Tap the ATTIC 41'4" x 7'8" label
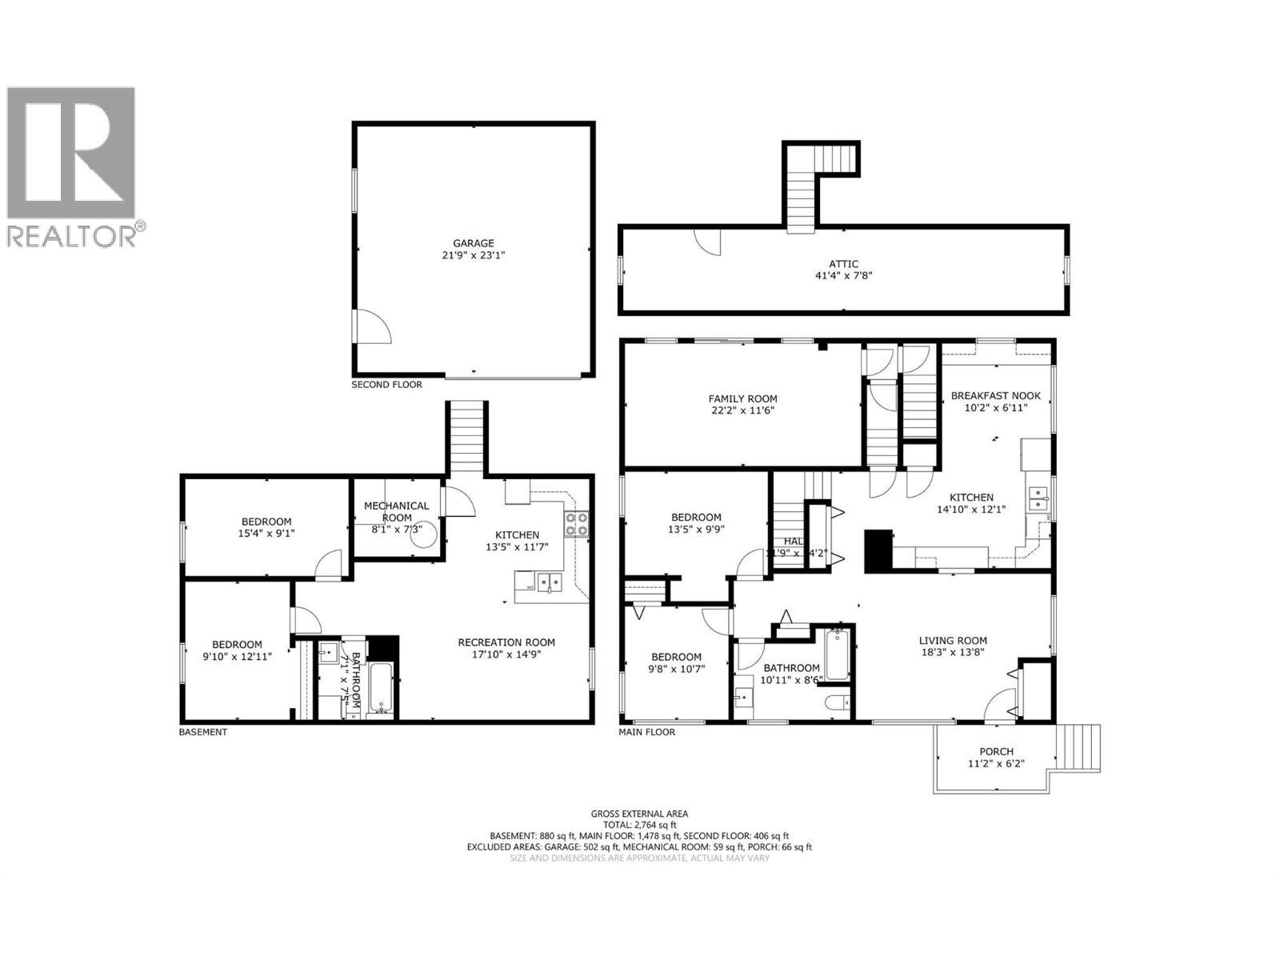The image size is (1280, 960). [x=843, y=270]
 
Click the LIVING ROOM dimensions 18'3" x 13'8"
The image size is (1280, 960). [x=952, y=652]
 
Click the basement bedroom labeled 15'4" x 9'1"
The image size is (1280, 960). [x=266, y=527]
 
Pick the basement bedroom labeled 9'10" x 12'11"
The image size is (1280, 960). [x=237, y=650]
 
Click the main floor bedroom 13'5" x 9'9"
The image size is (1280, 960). [x=696, y=523]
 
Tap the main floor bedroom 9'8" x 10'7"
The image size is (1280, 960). [x=675, y=662]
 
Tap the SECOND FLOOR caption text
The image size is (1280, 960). [x=386, y=385]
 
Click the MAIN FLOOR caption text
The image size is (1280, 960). [x=646, y=732]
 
